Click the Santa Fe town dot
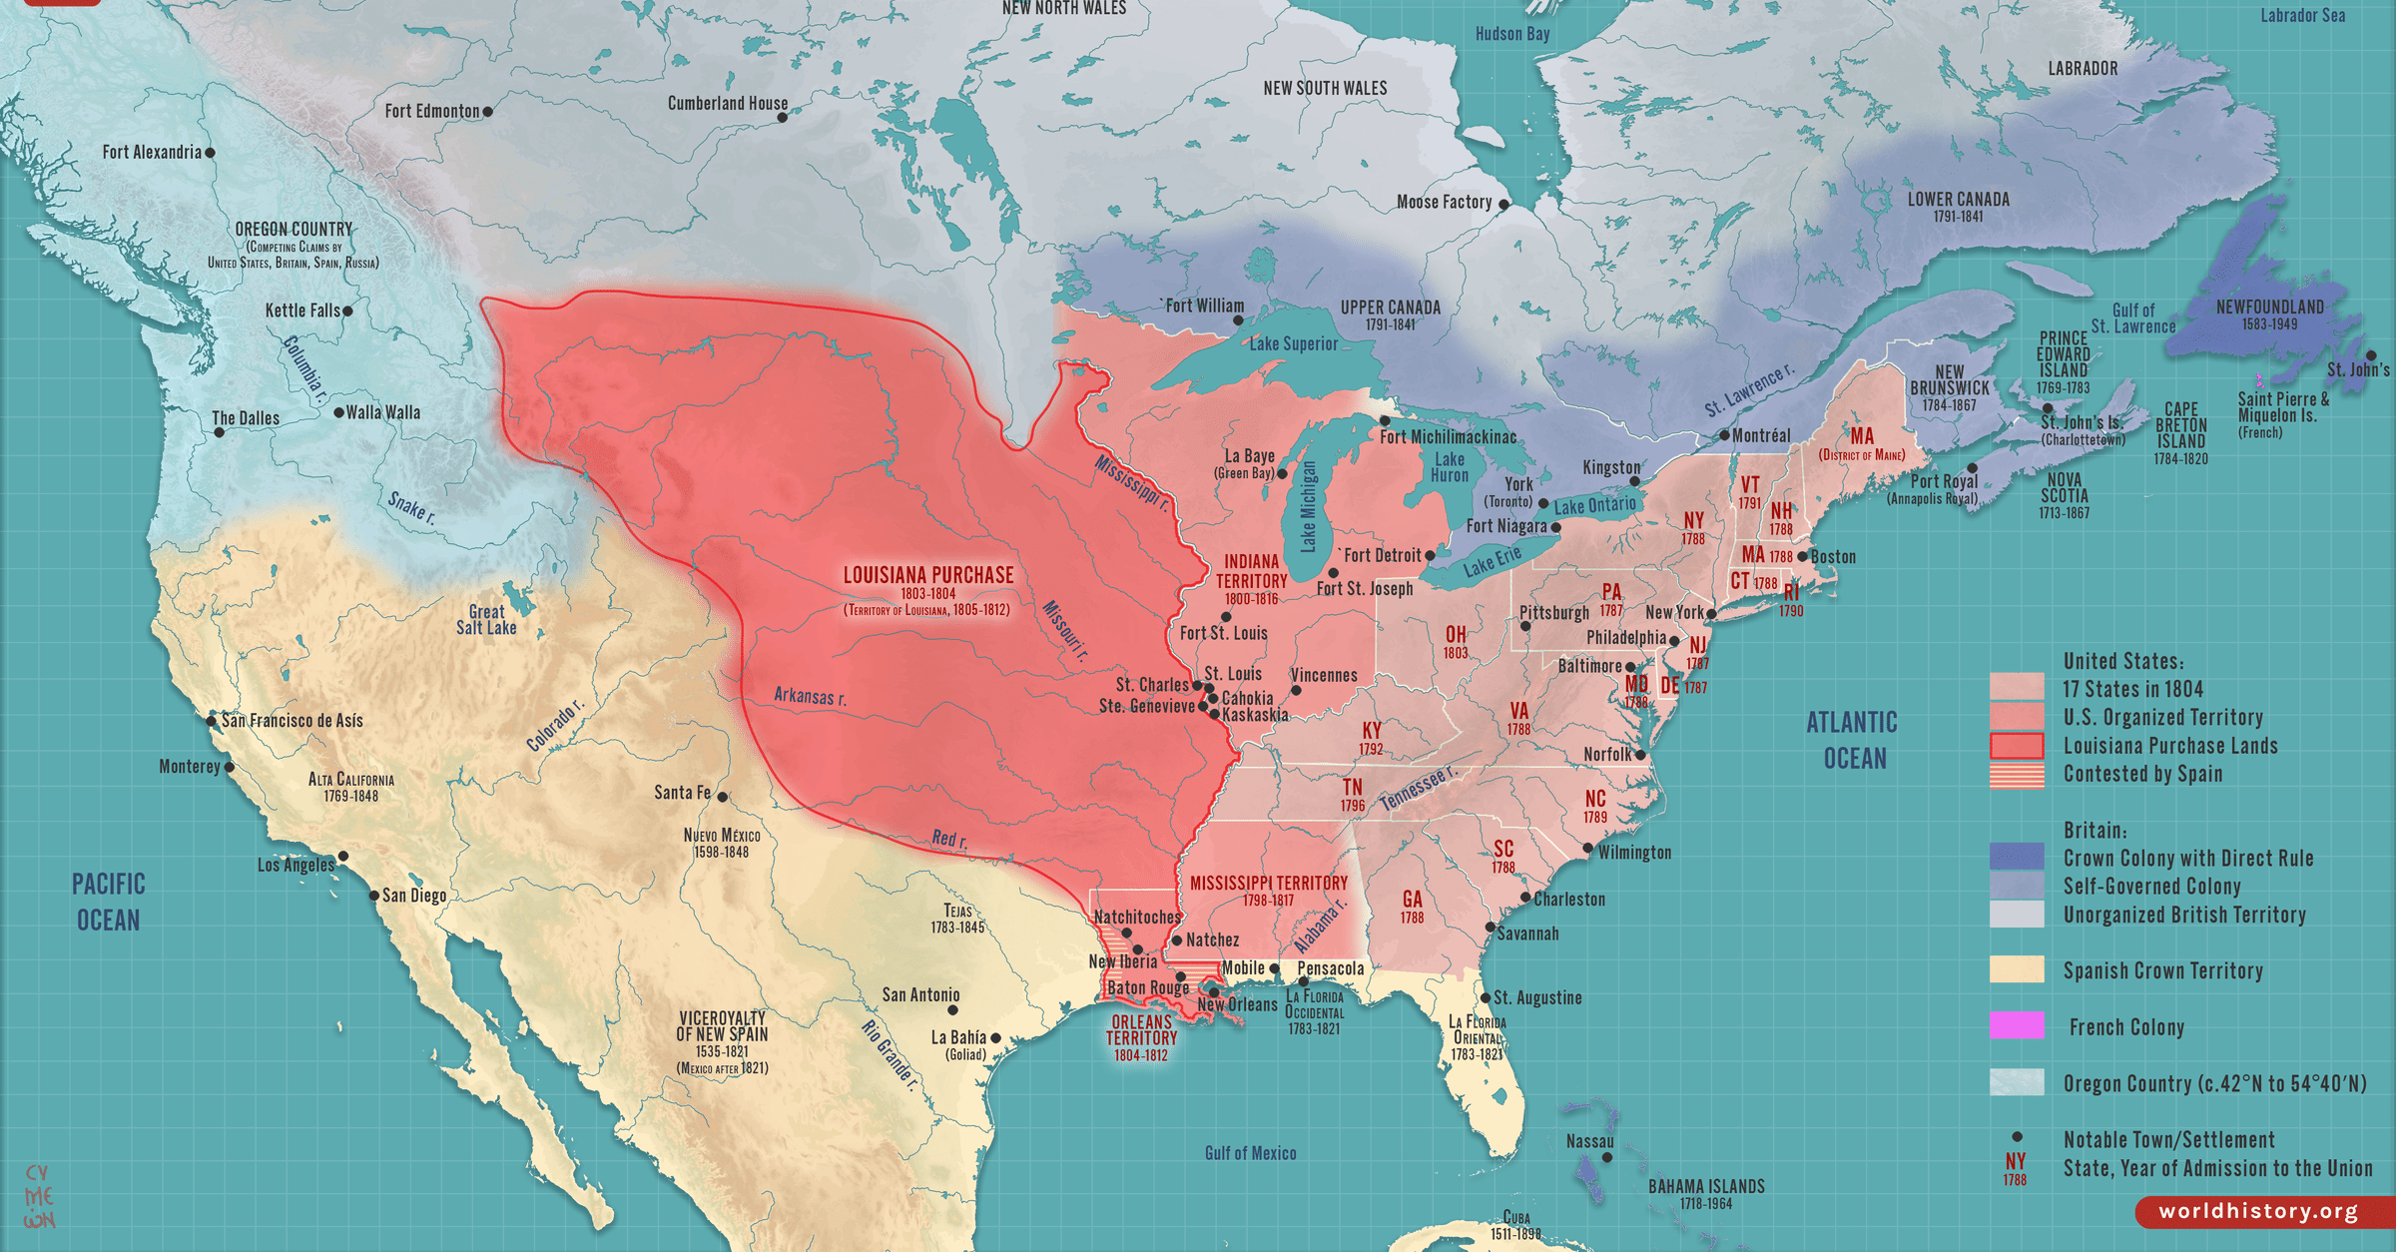[723, 797]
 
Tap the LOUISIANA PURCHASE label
[927, 575]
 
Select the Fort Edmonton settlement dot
[487, 112]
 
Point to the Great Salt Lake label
[486, 620]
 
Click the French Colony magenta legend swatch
[2016, 1025]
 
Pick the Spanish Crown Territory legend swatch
[2016, 969]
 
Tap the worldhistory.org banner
[2258, 1211]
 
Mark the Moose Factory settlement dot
[1503, 204]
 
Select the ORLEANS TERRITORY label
[1141, 1030]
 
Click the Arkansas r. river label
[810, 696]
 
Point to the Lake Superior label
[1293, 343]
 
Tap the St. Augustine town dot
[1485, 997]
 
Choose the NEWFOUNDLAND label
[2269, 308]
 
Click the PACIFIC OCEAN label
[109, 902]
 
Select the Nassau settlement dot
[1606, 1157]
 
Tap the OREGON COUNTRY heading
[294, 230]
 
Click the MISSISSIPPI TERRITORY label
[1268, 884]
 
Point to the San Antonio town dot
[951, 1010]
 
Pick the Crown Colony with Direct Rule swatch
[2016, 857]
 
